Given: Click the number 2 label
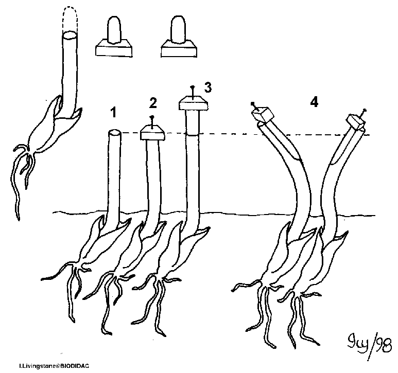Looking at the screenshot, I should tap(152, 103).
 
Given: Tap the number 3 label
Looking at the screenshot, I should tap(207, 88).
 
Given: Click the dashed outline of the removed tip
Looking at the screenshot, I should tap(69, 18).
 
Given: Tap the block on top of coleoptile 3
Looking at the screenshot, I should tap(193, 104).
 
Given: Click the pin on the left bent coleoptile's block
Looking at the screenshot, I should tap(253, 104).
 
